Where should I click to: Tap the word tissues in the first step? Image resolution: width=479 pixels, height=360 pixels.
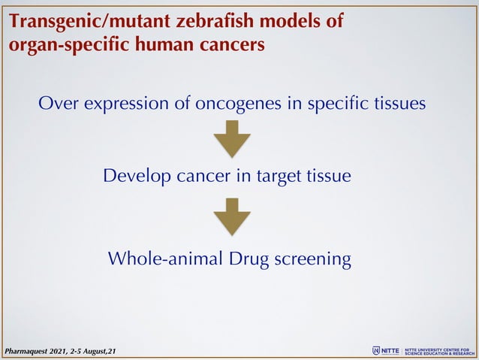coord(399,103)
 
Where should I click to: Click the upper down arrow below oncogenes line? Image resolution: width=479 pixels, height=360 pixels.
coord(232,141)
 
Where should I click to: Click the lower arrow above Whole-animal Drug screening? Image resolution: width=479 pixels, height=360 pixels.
coord(232,216)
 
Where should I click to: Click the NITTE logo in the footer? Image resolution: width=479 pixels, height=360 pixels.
coord(386,350)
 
